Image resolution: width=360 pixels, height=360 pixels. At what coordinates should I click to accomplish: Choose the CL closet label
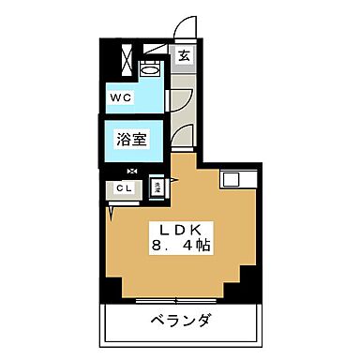coord(123,188)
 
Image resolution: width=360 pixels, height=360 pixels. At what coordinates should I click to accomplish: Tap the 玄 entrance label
coord(184,56)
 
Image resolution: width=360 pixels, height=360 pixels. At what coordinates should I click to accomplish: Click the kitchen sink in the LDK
coord(232,180)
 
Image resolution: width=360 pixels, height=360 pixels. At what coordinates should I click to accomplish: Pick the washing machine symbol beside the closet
coord(158,187)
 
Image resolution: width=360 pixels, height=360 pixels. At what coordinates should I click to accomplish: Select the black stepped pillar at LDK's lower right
coord(249,278)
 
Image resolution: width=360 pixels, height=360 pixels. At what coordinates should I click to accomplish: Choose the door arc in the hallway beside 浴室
coord(185,131)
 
